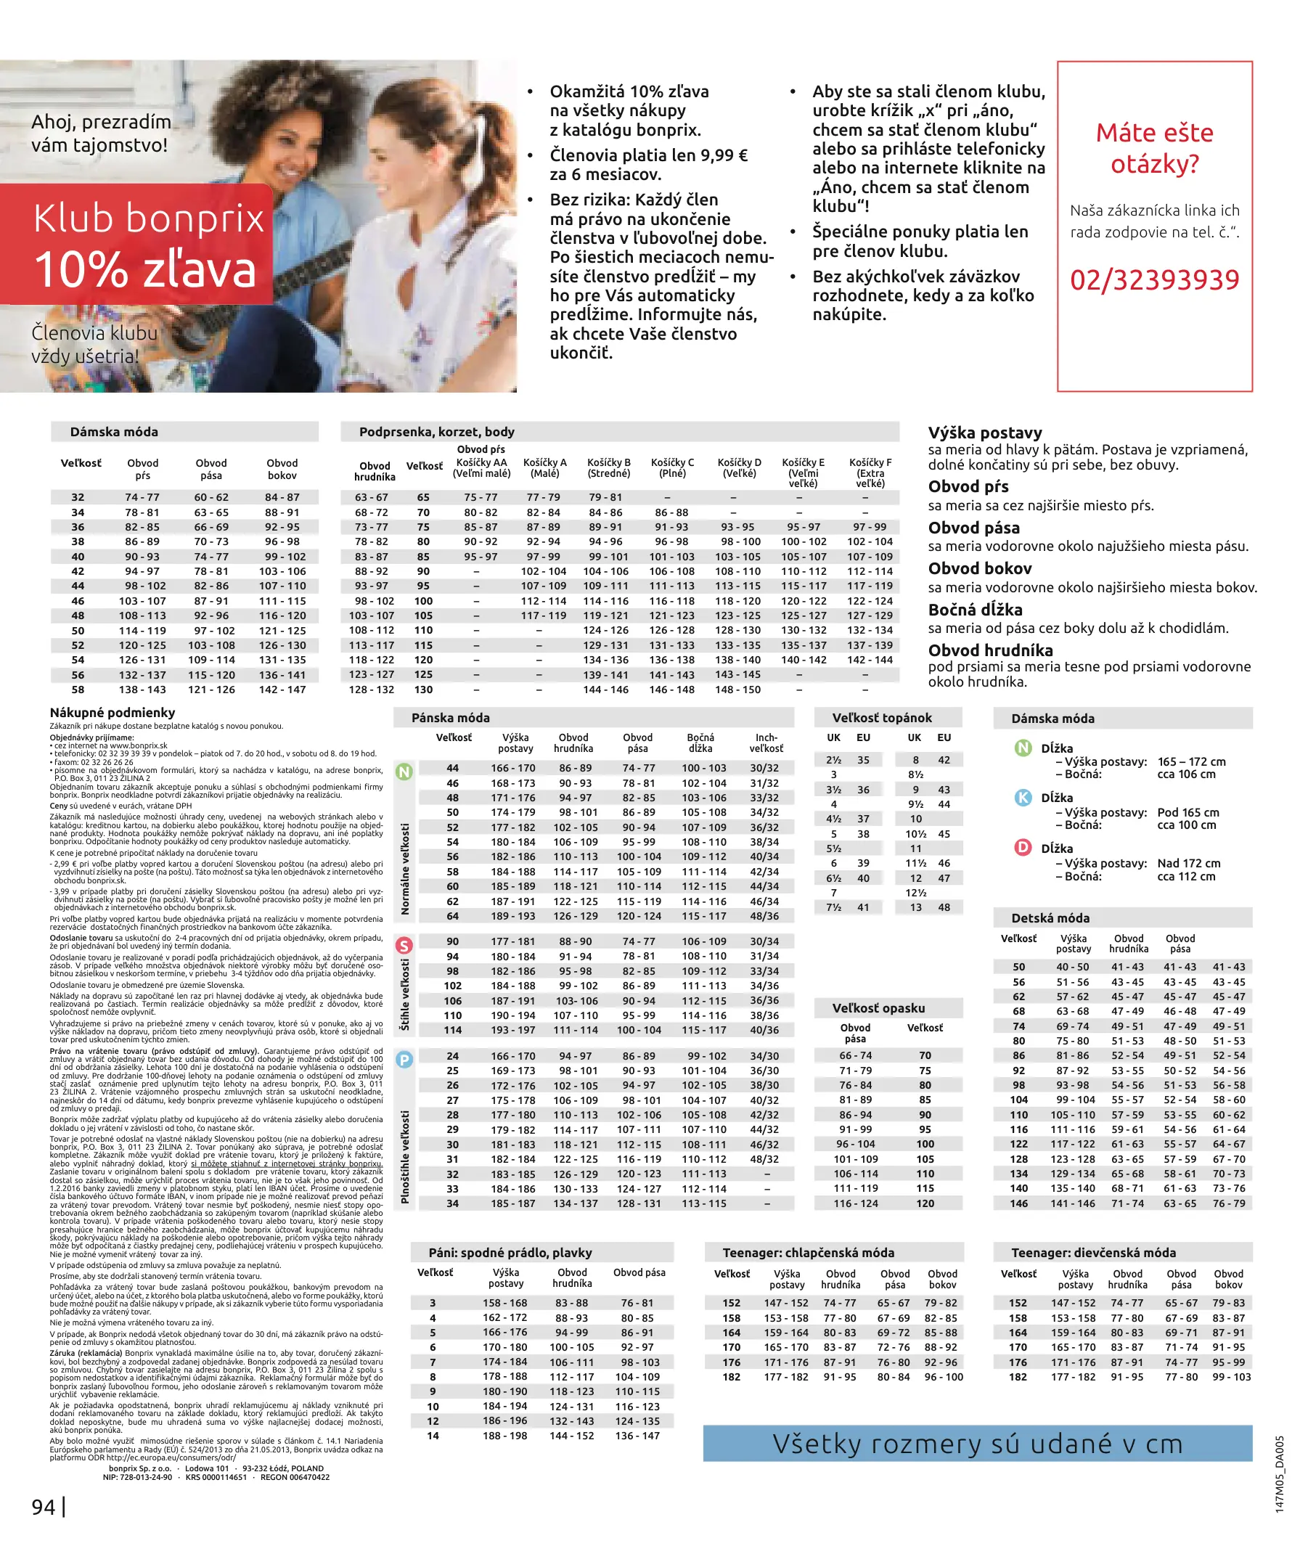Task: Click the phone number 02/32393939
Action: point(1154,280)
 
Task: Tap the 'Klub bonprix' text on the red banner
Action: point(148,219)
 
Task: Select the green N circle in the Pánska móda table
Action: point(404,772)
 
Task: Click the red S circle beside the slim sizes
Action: point(404,945)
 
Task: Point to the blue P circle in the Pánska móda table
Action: point(404,1060)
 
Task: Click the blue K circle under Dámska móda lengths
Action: point(1023,798)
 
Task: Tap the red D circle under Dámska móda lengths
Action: point(1023,848)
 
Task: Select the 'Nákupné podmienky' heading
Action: point(113,713)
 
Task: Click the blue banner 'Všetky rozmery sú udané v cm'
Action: point(977,1444)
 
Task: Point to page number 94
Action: point(44,1507)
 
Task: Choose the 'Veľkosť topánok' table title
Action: point(881,718)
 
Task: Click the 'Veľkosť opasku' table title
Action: point(878,1008)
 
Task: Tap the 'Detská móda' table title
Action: point(1050,918)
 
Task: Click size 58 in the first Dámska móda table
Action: point(78,690)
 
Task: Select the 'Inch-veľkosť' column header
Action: point(766,743)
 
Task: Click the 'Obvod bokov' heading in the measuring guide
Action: point(979,568)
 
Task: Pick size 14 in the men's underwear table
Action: point(433,1436)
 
